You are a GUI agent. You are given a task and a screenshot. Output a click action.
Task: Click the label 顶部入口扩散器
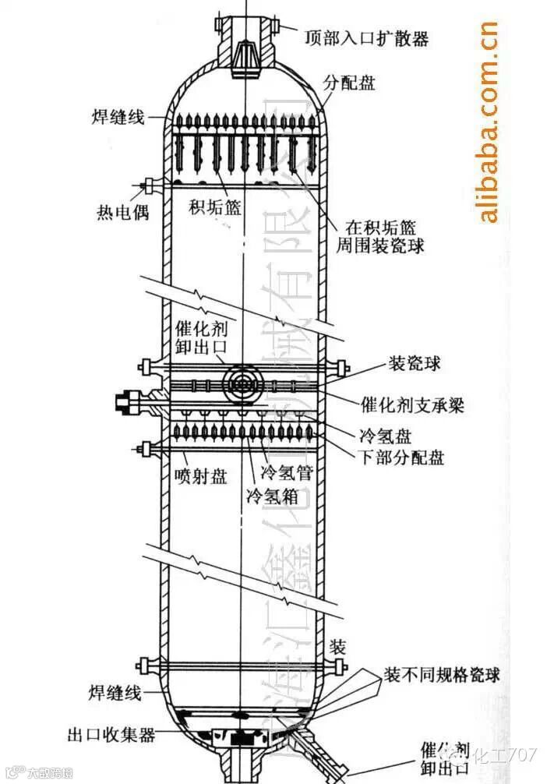(367, 37)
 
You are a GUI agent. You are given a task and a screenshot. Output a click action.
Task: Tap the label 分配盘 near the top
(350, 82)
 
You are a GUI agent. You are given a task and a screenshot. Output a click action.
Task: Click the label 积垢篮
(215, 207)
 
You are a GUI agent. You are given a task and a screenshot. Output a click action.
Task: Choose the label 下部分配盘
(401, 457)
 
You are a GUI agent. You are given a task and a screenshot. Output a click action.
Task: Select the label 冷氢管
(285, 471)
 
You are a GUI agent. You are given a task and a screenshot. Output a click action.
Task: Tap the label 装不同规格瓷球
(442, 674)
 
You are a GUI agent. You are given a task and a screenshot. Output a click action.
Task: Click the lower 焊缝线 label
(114, 691)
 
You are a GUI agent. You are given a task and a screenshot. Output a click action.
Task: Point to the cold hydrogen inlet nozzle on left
(129, 403)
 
